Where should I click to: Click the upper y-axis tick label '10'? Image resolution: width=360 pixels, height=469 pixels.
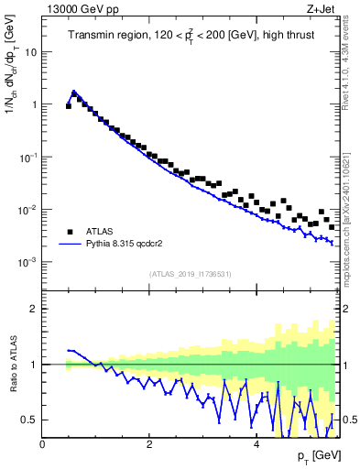[x=30, y=52]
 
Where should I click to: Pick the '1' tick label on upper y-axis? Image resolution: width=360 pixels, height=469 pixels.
[x=34, y=104]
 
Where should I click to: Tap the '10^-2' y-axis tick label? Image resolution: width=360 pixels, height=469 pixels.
[x=27, y=210]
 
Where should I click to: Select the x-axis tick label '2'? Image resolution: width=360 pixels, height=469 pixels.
[x=149, y=444]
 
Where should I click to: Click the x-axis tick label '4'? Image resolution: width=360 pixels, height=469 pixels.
[x=256, y=444]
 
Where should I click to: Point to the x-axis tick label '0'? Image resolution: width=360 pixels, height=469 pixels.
[x=42, y=444]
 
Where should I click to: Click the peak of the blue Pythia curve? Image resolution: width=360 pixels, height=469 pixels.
[x=74, y=92]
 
